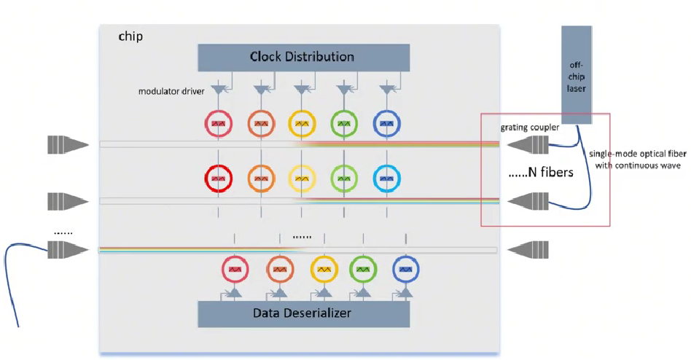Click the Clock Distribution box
pos(302,57)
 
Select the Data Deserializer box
pos(302,314)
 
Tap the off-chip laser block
pos(577,74)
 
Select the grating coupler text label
pos(529,127)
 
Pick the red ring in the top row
pos(218,125)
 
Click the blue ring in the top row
pos(386,125)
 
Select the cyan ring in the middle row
pos(386,178)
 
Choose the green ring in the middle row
pos(345,178)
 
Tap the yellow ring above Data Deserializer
pos(324,270)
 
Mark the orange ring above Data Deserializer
pos(278,270)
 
